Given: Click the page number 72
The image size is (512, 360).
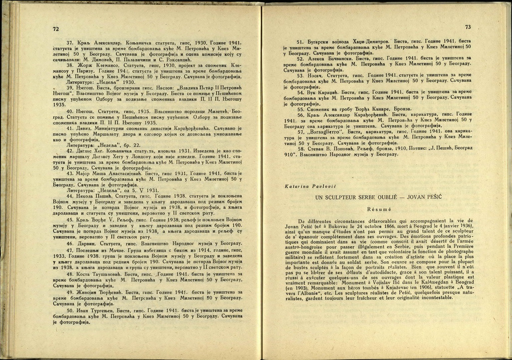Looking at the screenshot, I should point(56,29).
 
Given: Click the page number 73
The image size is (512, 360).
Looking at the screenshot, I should point(468,27).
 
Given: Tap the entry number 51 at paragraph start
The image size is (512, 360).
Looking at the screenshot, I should point(300,42).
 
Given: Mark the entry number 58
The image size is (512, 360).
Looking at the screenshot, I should point(300,148).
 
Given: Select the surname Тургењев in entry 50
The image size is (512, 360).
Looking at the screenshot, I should point(103,311).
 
